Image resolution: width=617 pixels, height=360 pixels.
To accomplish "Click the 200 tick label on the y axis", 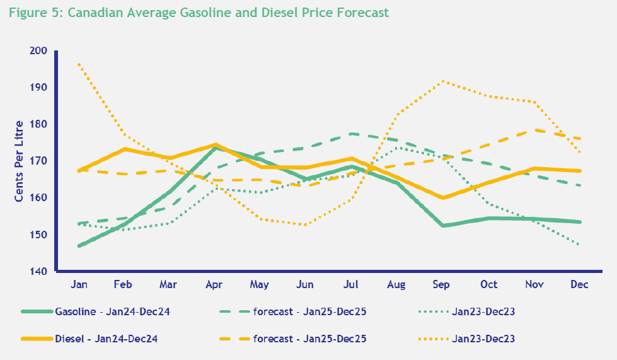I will pos(39,50).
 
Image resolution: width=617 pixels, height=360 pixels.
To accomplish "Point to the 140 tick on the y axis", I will pos(39,272).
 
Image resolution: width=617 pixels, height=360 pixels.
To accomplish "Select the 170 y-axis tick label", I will pos(39,161).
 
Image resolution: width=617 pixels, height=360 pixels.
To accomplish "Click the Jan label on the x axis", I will pos(79,285).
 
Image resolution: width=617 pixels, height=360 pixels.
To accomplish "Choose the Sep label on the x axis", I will pos(442,285).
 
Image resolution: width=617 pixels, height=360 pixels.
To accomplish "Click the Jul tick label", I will pos(352,285).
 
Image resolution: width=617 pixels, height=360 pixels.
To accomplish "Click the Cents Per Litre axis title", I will pos(20,161).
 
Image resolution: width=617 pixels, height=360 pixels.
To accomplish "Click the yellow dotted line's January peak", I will pos(79,64).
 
